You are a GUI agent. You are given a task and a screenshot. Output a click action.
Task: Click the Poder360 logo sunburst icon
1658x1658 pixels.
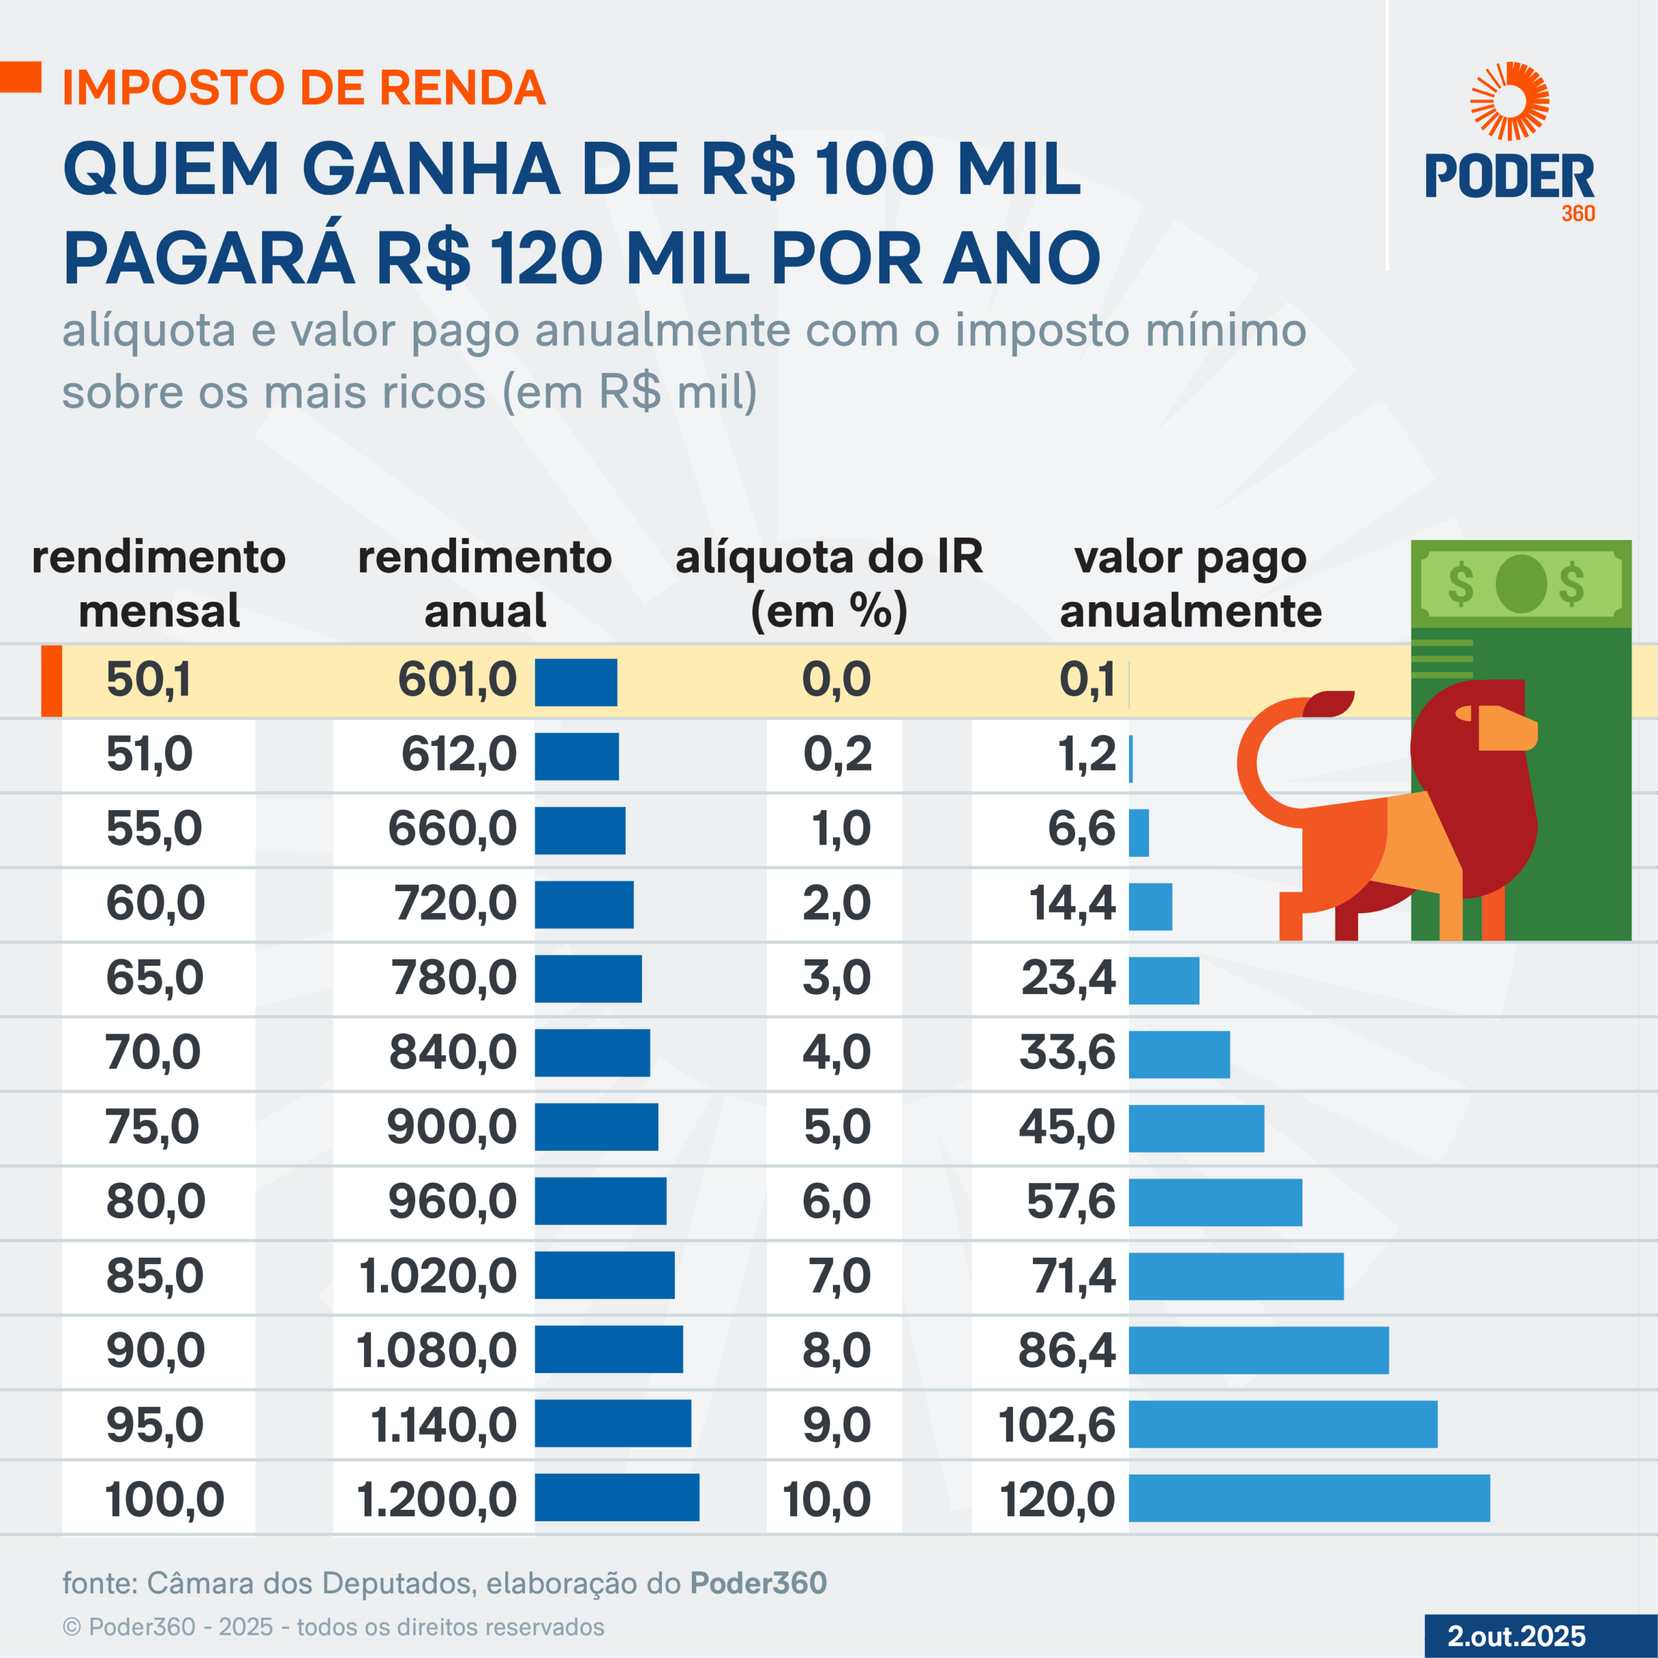1510,101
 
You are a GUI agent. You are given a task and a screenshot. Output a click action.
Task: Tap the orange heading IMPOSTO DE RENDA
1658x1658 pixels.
304,87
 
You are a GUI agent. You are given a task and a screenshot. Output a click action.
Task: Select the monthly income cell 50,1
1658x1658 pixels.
148,681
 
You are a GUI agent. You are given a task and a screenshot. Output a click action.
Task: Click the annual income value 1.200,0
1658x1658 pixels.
437,1500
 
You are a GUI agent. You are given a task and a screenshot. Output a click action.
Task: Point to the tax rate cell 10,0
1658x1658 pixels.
826,1500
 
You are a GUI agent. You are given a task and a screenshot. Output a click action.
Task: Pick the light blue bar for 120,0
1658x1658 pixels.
1309,1499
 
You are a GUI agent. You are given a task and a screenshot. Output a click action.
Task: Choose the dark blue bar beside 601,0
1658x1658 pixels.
576,682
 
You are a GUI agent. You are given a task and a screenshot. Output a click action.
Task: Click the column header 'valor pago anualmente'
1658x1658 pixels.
1190,584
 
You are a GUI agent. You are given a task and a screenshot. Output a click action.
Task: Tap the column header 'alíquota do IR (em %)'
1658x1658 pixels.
829,584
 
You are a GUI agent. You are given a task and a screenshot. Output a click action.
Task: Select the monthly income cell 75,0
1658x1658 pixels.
152,1127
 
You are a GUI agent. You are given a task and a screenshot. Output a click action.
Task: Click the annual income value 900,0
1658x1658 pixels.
451,1127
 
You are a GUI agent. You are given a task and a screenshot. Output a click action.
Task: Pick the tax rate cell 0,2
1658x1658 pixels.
837,755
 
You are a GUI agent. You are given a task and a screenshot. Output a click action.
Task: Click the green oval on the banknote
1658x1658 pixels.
1521,584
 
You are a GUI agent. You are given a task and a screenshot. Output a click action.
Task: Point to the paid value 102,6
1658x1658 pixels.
1056,1425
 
